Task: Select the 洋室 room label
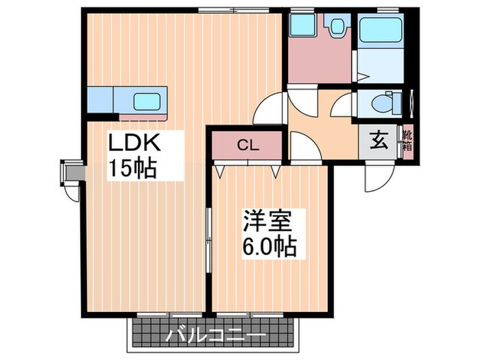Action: [267, 221]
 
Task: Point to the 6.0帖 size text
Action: [267, 245]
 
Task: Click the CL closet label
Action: [248, 145]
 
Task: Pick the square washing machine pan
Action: [300, 27]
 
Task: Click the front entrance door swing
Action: [377, 177]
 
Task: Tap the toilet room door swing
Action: [342, 107]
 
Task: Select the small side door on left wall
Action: [71, 177]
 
